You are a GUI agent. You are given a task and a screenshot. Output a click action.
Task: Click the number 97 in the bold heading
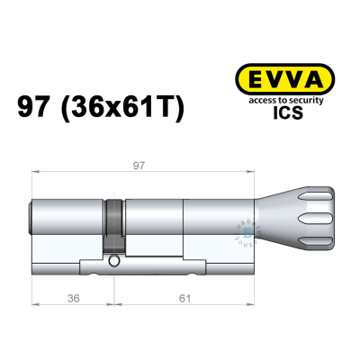[x=37, y=108]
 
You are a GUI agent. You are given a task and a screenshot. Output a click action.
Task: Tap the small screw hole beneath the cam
[x=115, y=264]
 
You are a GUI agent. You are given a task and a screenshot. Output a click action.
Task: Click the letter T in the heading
[x=168, y=108]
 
